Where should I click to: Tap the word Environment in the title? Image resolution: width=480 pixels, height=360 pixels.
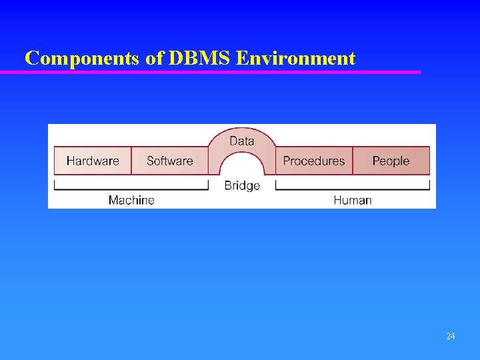[x=295, y=59]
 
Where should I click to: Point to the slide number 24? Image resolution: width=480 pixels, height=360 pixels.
[x=450, y=337]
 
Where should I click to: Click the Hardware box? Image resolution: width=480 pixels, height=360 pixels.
[x=93, y=161]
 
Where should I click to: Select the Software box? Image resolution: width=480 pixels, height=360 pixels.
[x=169, y=161]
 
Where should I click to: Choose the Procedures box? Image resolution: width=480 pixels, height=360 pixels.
[x=314, y=161]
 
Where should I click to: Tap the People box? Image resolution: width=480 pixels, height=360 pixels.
[x=391, y=161]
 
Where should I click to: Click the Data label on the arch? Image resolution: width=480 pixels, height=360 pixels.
[x=241, y=141]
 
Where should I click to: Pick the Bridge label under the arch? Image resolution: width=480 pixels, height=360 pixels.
[x=242, y=185]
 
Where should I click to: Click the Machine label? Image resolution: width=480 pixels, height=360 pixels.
[x=131, y=200]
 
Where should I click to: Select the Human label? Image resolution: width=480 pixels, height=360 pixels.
[x=353, y=200]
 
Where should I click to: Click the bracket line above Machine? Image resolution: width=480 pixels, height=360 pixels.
[x=131, y=189]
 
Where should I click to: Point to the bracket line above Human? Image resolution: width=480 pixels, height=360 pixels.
[x=353, y=189]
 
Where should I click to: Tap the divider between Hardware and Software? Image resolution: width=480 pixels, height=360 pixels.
[x=131, y=161]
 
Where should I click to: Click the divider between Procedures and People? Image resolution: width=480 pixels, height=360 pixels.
[x=353, y=161]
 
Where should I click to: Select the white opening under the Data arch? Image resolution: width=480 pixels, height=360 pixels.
[x=242, y=167]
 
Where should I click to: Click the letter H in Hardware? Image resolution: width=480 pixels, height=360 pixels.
[x=70, y=161]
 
